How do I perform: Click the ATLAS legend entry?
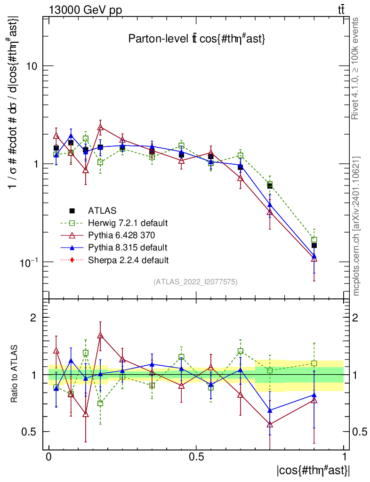point(102,210)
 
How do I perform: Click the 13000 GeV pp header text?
point(85,10)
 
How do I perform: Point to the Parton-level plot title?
point(197,40)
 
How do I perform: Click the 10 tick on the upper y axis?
point(31,66)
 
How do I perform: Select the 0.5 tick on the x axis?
point(196,457)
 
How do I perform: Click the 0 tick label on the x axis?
point(49,457)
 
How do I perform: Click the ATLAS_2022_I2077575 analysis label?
point(196,282)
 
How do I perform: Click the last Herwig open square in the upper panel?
point(314,240)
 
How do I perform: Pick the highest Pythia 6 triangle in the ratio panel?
point(100,336)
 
